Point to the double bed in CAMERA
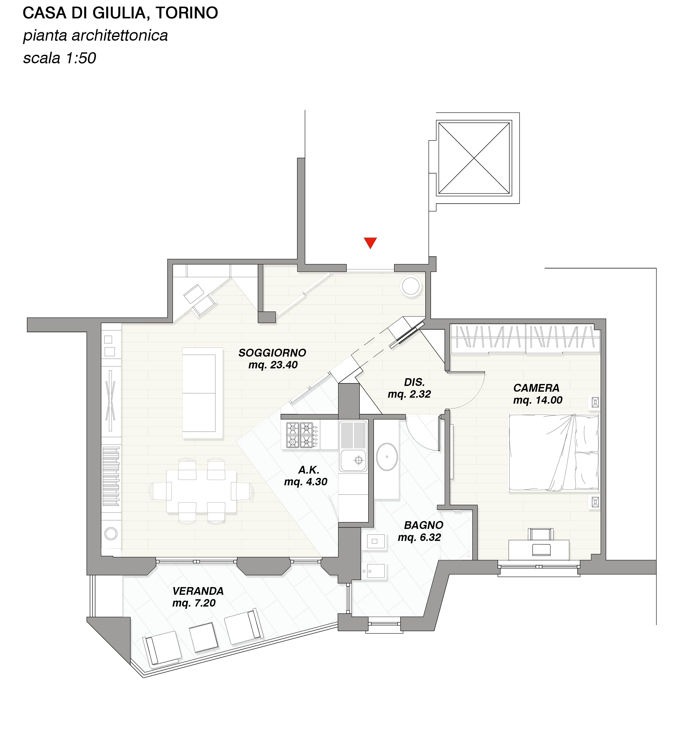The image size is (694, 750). click(x=554, y=453)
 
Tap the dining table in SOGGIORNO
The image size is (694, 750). click(x=201, y=491)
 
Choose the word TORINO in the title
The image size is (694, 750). click(x=187, y=13)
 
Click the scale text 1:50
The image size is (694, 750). click(x=81, y=58)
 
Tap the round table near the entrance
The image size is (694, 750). click(x=411, y=286)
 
